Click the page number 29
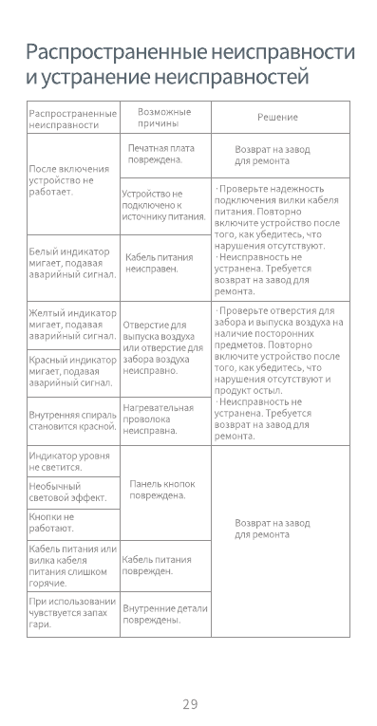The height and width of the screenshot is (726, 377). coord(190,703)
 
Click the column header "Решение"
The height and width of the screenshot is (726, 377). coord(277,118)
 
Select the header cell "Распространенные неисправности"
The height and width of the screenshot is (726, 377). coord(71,119)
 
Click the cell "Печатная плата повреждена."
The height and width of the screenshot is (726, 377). coord(161,155)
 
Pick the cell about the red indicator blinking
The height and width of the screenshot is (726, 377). coord(72,372)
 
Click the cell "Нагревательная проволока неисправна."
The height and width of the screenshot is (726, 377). coord(158,419)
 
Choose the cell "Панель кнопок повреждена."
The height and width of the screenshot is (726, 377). coord(163,490)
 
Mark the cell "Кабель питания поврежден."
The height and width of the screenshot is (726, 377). coord(158,566)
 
